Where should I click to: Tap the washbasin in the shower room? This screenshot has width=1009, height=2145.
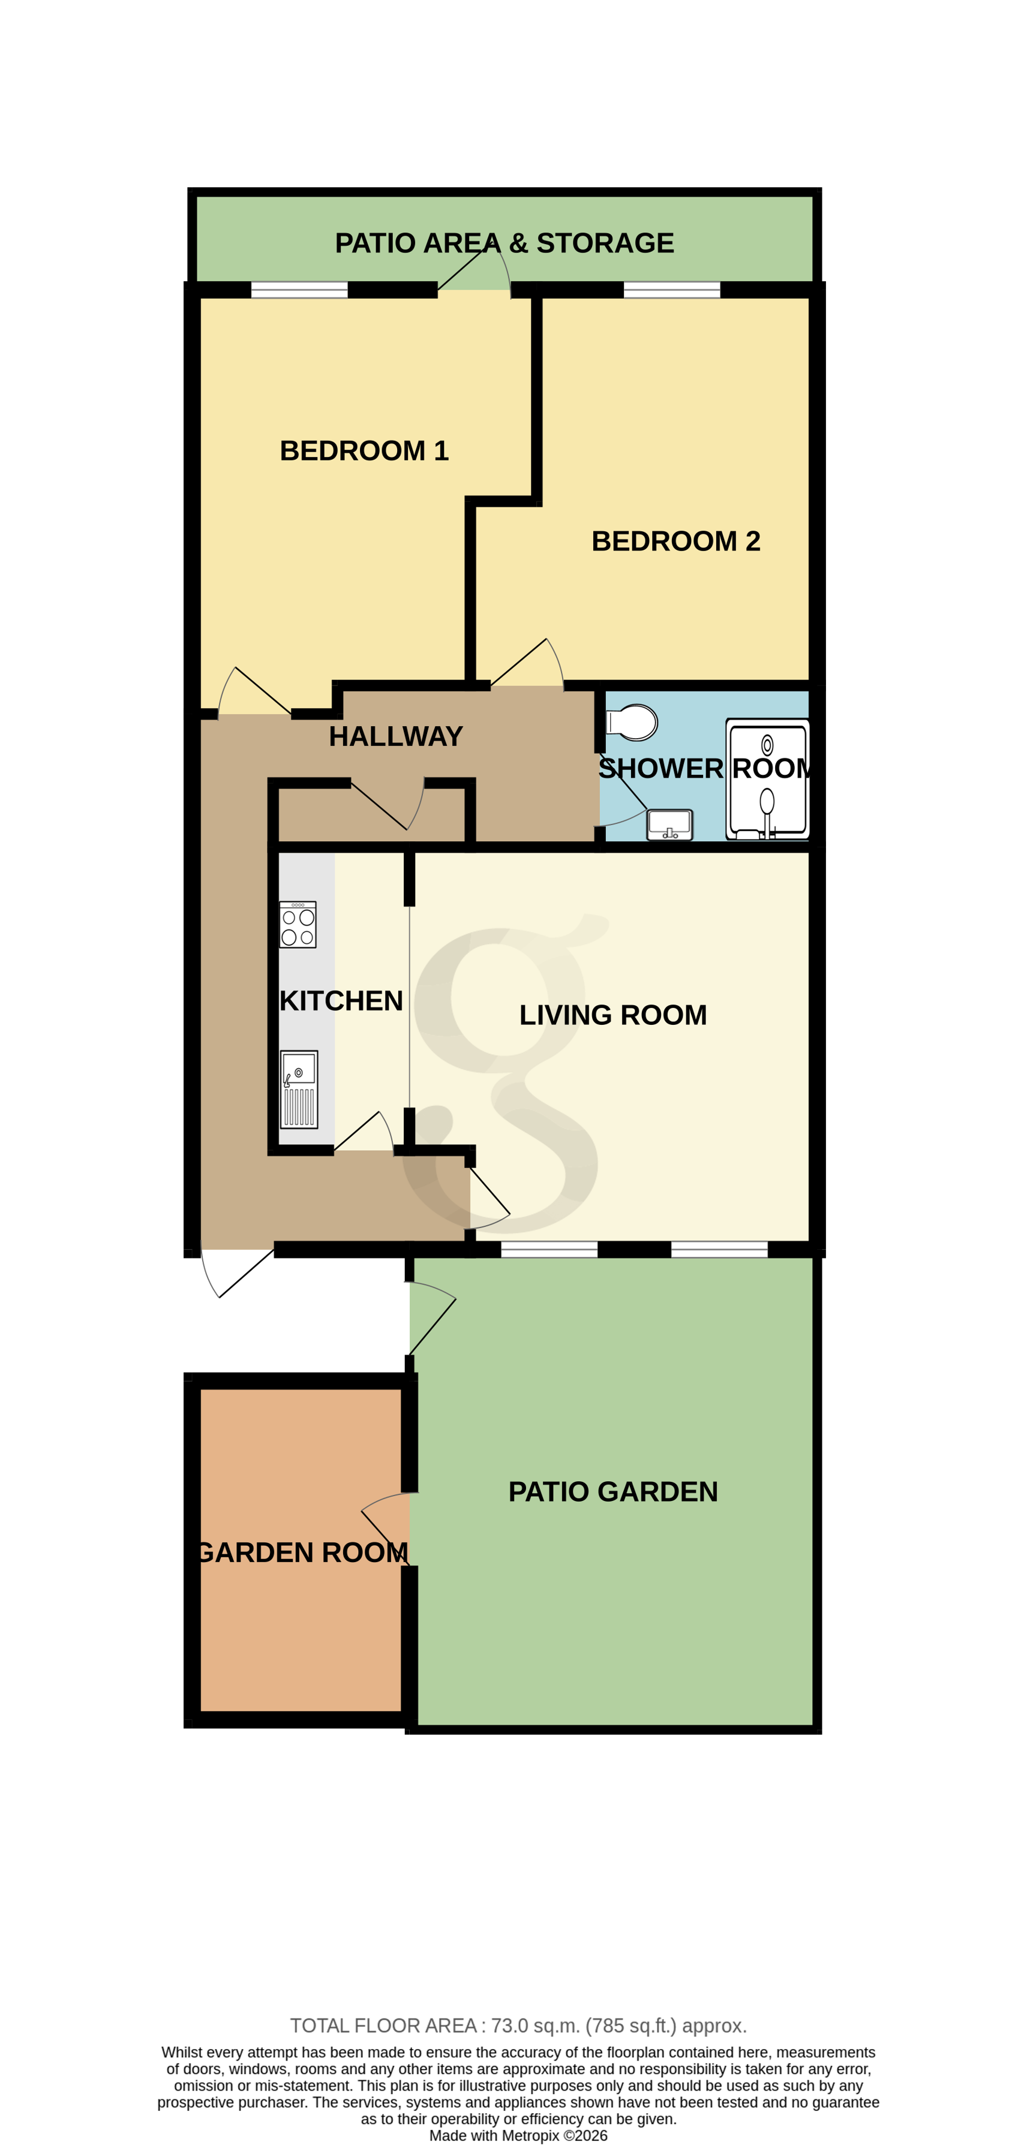(x=669, y=825)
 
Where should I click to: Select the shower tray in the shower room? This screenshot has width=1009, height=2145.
(x=767, y=778)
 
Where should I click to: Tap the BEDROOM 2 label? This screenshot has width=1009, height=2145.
(x=675, y=541)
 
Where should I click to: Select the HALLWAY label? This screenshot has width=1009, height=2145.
(x=396, y=736)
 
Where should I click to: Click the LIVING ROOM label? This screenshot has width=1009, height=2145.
(x=612, y=1015)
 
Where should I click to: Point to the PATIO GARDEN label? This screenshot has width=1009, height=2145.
(x=612, y=1491)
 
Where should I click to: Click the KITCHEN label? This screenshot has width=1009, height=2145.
(x=341, y=1001)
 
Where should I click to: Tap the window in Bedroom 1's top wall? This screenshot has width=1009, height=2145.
(x=299, y=290)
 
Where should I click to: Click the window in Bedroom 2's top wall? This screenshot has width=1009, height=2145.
(x=671, y=290)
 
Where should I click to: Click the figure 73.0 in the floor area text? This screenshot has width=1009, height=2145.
(x=509, y=2026)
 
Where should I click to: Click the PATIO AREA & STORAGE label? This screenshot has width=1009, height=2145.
(x=504, y=243)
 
